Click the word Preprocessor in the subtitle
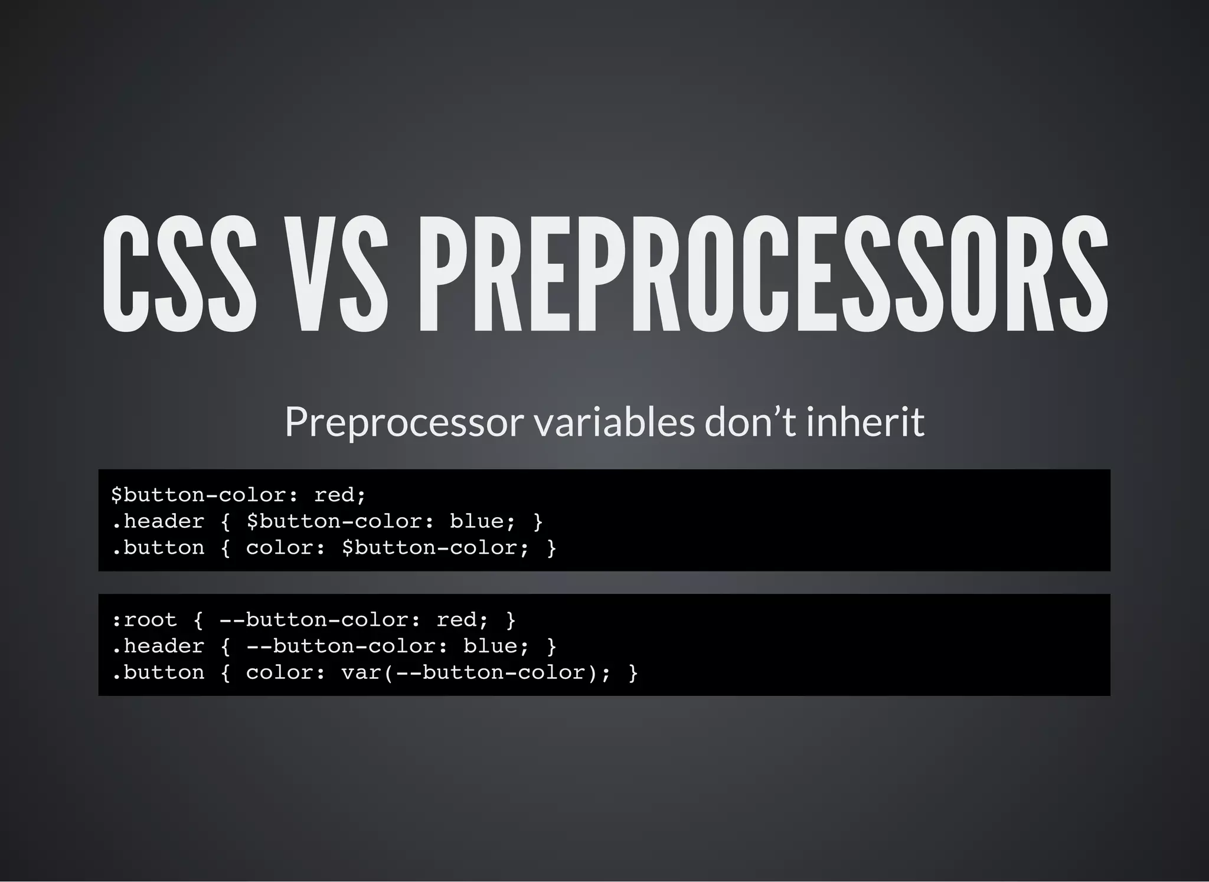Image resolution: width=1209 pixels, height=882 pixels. (x=404, y=422)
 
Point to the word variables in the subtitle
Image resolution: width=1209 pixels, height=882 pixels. (x=615, y=422)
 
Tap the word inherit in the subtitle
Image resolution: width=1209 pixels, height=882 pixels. (x=865, y=422)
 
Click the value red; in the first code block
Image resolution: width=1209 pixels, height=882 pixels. (x=340, y=495)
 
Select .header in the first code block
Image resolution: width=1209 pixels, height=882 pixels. (x=158, y=521)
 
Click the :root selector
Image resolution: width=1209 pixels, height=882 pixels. (x=144, y=620)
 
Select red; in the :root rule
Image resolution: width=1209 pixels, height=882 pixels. (x=462, y=620)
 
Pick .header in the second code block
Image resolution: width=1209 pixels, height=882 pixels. (x=158, y=646)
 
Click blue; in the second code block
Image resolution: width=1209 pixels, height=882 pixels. (x=496, y=646)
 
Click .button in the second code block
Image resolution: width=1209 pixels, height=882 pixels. (x=158, y=673)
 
